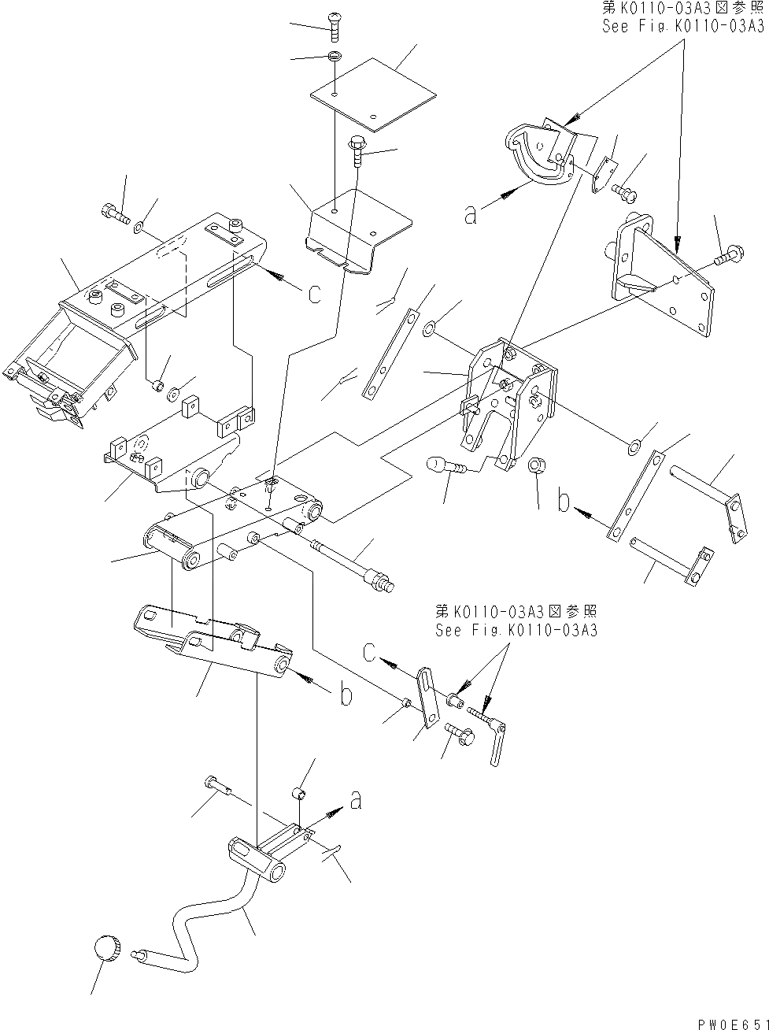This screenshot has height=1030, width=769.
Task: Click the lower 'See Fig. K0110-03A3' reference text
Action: pos(516,630)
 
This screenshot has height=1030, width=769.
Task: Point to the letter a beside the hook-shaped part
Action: pos(470,214)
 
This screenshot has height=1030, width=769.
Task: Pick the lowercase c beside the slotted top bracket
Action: pos(314,294)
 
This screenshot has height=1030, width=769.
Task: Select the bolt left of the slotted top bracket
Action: pos(114,212)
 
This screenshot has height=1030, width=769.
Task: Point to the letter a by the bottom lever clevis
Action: pos(356,801)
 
